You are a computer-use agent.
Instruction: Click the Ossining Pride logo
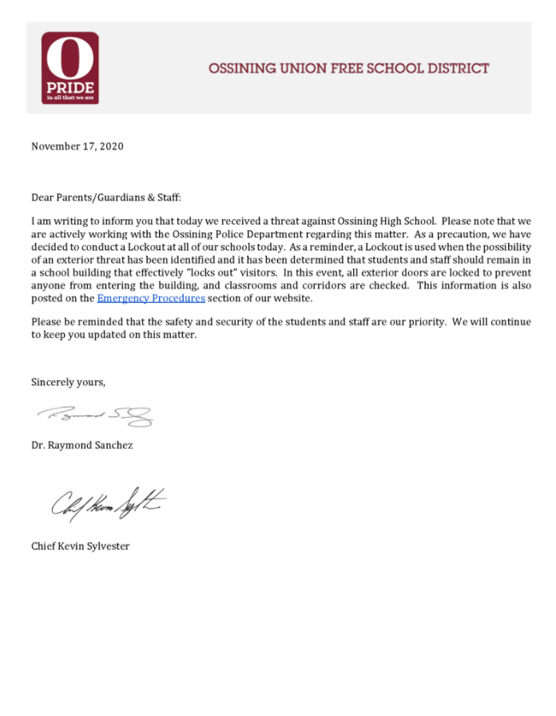click(x=70, y=68)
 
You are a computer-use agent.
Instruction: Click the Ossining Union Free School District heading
click(x=348, y=69)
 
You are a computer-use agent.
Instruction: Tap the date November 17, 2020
click(x=77, y=146)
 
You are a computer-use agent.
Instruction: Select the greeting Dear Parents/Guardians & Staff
click(x=112, y=197)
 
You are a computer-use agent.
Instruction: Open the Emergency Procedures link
click(x=151, y=298)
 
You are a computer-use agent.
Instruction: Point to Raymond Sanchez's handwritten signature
click(x=95, y=415)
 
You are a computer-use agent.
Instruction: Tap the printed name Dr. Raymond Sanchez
click(x=82, y=445)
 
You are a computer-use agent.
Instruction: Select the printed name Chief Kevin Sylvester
click(x=80, y=546)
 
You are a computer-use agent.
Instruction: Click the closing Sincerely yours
click(x=68, y=382)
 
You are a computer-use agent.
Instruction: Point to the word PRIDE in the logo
click(x=70, y=86)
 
